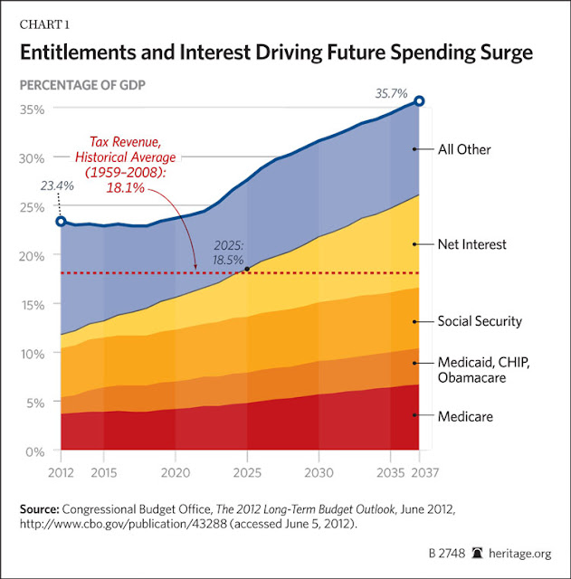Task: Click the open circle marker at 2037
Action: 419,101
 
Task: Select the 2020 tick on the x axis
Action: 175,472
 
